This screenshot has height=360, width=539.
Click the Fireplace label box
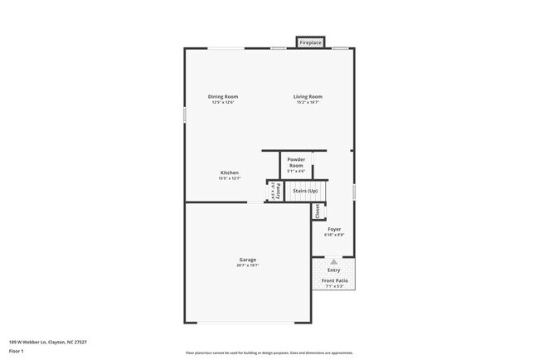(x=311, y=42)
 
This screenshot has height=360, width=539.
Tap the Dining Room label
(x=222, y=97)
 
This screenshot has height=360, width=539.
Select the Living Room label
(x=307, y=97)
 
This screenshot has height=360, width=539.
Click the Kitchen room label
(x=229, y=173)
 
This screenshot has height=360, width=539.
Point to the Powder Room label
(x=296, y=163)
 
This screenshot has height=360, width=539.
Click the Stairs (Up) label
(x=305, y=191)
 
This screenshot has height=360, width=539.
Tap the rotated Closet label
(x=316, y=211)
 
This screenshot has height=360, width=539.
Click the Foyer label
(x=334, y=229)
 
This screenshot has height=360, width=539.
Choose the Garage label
(x=247, y=260)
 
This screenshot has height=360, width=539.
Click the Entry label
(x=334, y=270)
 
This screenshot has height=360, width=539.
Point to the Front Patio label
(x=334, y=280)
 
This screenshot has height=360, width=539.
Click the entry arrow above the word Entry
(x=334, y=261)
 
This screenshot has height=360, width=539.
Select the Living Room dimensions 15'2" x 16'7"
(x=307, y=103)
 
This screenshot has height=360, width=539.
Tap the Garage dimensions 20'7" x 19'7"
(x=247, y=265)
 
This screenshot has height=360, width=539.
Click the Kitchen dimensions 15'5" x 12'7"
(x=229, y=178)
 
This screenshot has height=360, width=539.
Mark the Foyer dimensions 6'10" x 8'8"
(x=334, y=235)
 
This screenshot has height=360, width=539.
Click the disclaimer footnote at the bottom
(x=269, y=353)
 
